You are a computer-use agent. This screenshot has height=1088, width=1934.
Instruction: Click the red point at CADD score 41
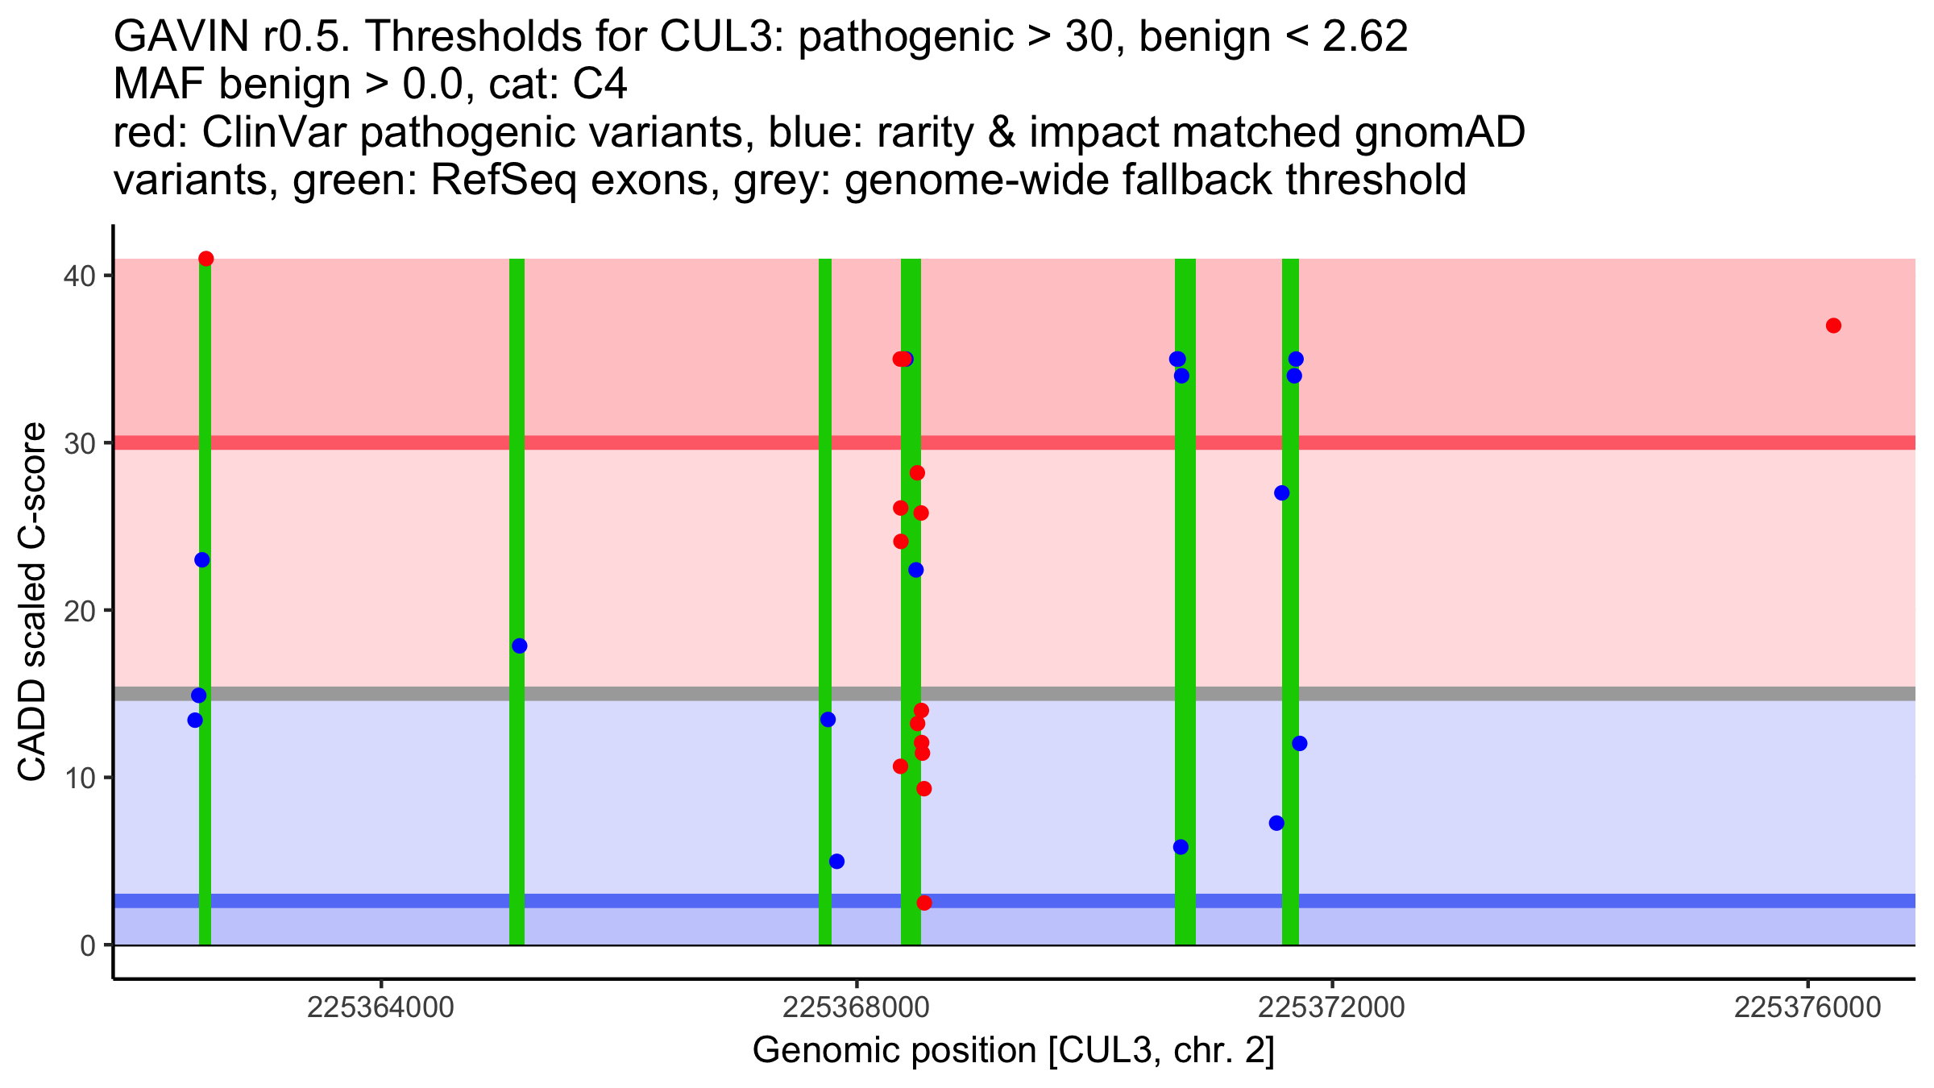click(205, 259)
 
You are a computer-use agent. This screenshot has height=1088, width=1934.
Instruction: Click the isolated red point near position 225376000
click(1833, 326)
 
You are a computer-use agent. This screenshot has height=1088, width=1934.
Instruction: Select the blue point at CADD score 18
click(520, 646)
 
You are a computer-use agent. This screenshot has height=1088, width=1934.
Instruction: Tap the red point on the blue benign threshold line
click(924, 903)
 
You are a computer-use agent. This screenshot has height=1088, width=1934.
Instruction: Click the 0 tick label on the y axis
click(88, 945)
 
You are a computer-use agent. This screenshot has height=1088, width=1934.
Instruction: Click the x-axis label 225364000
click(381, 1008)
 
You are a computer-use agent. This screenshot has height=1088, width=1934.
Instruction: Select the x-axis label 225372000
click(1332, 1008)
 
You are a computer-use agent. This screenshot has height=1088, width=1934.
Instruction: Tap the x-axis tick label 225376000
click(1807, 1008)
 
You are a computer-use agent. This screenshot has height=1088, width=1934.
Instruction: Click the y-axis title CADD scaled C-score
click(32, 604)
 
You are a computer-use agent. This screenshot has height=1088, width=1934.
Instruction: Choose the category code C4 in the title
click(600, 85)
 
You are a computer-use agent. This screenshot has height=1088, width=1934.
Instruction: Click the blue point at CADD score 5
click(836, 861)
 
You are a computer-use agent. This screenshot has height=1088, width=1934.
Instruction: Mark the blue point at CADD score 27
click(1281, 492)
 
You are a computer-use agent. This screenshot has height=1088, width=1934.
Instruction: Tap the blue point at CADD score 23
click(202, 560)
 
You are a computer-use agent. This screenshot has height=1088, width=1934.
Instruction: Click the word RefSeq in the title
click(504, 181)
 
